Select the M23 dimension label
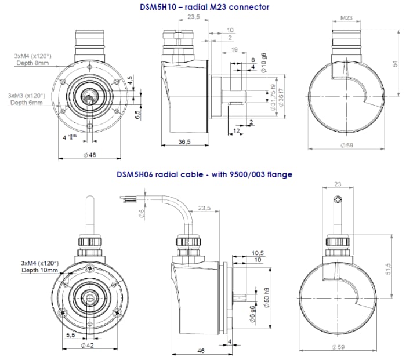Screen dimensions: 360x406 pos(346,18)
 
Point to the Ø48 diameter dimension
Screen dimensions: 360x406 pos(90,155)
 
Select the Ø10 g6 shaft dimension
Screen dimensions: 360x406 pos(264,63)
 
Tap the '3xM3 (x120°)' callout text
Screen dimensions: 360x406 pos(27,95)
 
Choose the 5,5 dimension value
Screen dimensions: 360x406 pos(70,335)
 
